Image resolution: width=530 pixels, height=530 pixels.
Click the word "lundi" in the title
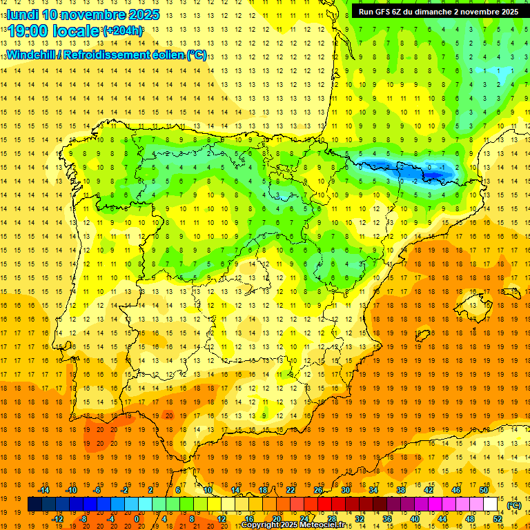click(x=21, y=14)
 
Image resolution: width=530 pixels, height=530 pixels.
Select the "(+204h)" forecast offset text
click(x=123, y=31)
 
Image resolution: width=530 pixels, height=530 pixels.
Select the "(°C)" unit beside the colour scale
click(x=514, y=505)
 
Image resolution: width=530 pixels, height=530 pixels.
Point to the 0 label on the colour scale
click(x=137, y=519)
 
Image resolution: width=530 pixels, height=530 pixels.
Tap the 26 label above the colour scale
click(x=318, y=490)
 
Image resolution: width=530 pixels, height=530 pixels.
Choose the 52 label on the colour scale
click(x=498, y=519)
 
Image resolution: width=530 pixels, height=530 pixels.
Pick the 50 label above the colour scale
click(x=483, y=490)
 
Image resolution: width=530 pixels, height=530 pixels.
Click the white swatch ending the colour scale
click(x=491, y=504)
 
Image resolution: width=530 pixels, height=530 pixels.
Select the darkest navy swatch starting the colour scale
click(x=35, y=504)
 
